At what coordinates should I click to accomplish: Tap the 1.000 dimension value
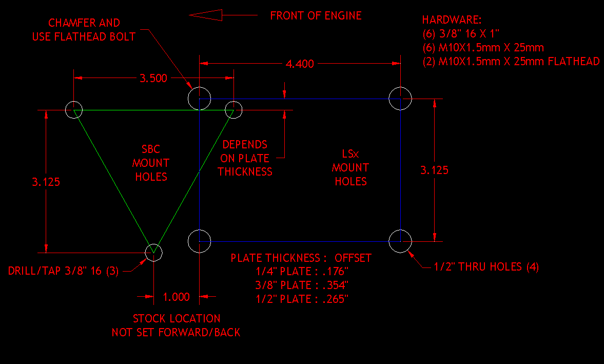click(x=176, y=297)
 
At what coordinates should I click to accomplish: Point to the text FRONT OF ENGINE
click(x=316, y=15)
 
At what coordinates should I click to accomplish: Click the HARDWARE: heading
click(x=452, y=21)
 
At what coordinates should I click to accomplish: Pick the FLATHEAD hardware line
click(x=511, y=62)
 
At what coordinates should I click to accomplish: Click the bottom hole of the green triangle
click(x=153, y=252)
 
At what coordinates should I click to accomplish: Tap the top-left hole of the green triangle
click(x=74, y=110)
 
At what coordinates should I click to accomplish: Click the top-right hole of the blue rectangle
click(x=400, y=99)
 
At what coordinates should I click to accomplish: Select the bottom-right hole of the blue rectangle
click(x=400, y=241)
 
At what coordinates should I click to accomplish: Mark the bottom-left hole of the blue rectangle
click(x=199, y=241)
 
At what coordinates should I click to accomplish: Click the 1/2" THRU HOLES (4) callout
click(x=486, y=267)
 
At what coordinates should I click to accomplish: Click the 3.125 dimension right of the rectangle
click(x=434, y=170)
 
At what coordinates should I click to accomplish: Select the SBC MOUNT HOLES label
click(x=150, y=163)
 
